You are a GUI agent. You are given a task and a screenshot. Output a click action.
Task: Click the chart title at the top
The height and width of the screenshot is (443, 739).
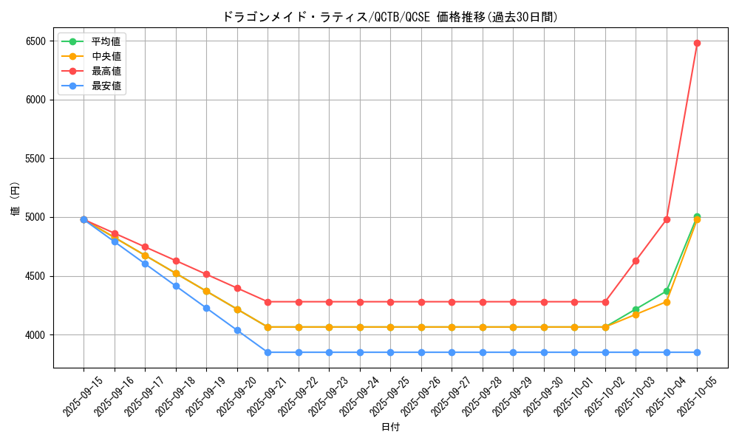point(390,17)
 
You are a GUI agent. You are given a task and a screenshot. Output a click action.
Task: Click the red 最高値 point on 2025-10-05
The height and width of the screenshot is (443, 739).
point(697,43)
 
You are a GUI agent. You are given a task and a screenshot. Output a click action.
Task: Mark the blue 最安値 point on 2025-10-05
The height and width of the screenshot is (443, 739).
point(697,352)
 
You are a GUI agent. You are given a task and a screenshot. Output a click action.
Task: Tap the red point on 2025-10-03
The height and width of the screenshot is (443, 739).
point(636,261)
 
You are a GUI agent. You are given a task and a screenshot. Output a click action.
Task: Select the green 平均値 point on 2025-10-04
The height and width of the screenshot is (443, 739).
point(667,291)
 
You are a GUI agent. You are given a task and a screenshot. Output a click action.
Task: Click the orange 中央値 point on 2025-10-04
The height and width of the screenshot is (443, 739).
point(667,302)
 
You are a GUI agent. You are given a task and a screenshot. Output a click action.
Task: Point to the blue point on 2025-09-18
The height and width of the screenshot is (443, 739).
point(176,286)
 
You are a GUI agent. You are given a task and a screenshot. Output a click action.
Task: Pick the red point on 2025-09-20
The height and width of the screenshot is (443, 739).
point(237,288)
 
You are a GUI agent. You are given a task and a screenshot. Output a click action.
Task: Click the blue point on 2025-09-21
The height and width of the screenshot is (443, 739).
point(268,352)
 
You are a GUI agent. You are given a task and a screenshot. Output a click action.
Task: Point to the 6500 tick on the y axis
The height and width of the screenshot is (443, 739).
point(36,41)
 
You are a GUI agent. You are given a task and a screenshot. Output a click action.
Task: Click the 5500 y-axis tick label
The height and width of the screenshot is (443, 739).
point(36,159)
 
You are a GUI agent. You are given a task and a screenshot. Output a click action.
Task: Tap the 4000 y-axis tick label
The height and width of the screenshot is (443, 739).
point(36,335)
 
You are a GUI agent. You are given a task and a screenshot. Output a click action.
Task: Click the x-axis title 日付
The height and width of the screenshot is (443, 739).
point(390,427)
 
